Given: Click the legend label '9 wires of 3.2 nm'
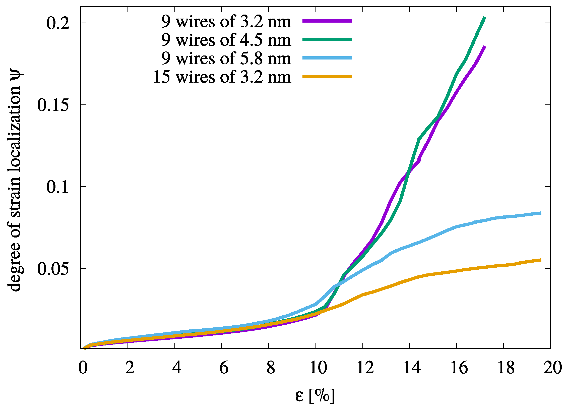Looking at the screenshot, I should pyautogui.click(x=226, y=22).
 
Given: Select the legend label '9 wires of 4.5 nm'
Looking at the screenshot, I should pyautogui.click(x=226, y=40).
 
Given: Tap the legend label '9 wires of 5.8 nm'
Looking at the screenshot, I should pyautogui.click(x=226, y=58).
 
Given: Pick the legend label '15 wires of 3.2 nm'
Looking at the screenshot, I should pyautogui.click(x=222, y=77).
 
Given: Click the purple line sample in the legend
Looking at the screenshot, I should pyautogui.click(x=327, y=21).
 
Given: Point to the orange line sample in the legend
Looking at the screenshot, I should pyautogui.click(x=327, y=76).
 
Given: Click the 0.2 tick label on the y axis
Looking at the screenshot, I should pyautogui.click(x=58, y=23).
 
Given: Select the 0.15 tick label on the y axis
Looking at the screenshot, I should pyautogui.click(x=53, y=105).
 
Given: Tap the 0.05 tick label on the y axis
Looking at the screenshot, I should pyautogui.click(x=53, y=269).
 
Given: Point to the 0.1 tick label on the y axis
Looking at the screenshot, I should pyautogui.click(x=58, y=187).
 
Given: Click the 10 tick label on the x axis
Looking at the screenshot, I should pyautogui.click(x=318, y=368).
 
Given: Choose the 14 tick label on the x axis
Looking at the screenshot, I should pyautogui.click(x=412, y=368).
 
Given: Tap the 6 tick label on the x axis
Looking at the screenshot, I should pyautogui.click(x=224, y=368).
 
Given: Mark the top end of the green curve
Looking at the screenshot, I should pyautogui.click(x=485, y=18).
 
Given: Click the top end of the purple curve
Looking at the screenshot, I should pyautogui.click(x=485, y=47).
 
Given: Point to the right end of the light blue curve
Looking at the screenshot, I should pyautogui.click(x=541, y=213).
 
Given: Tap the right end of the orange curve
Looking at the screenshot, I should pyautogui.click(x=541, y=260).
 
